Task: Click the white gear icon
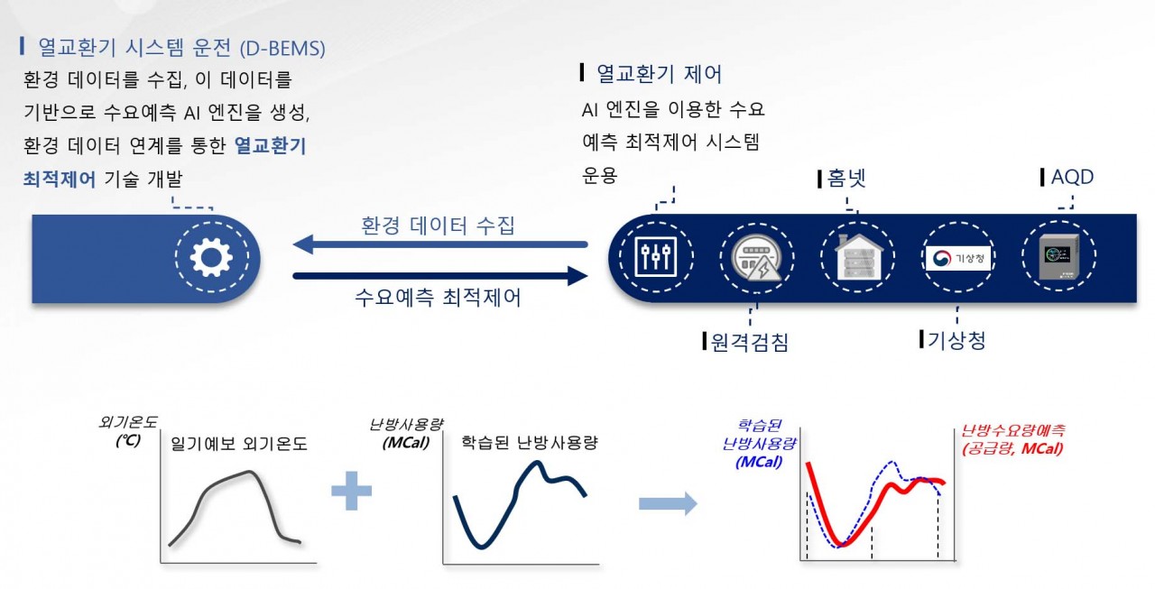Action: coord(211,258)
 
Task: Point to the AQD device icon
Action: coord(1058,258)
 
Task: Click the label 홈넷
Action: coord(845,177)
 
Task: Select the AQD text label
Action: coord(1071,177)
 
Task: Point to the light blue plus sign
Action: coord(351,492)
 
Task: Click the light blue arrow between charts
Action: coord(668,503)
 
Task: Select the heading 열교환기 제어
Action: coord(658,74)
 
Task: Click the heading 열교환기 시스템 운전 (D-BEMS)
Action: coord(181,45)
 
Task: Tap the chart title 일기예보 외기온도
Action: coord(238,444)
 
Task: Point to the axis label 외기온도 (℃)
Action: coord(127,431)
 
